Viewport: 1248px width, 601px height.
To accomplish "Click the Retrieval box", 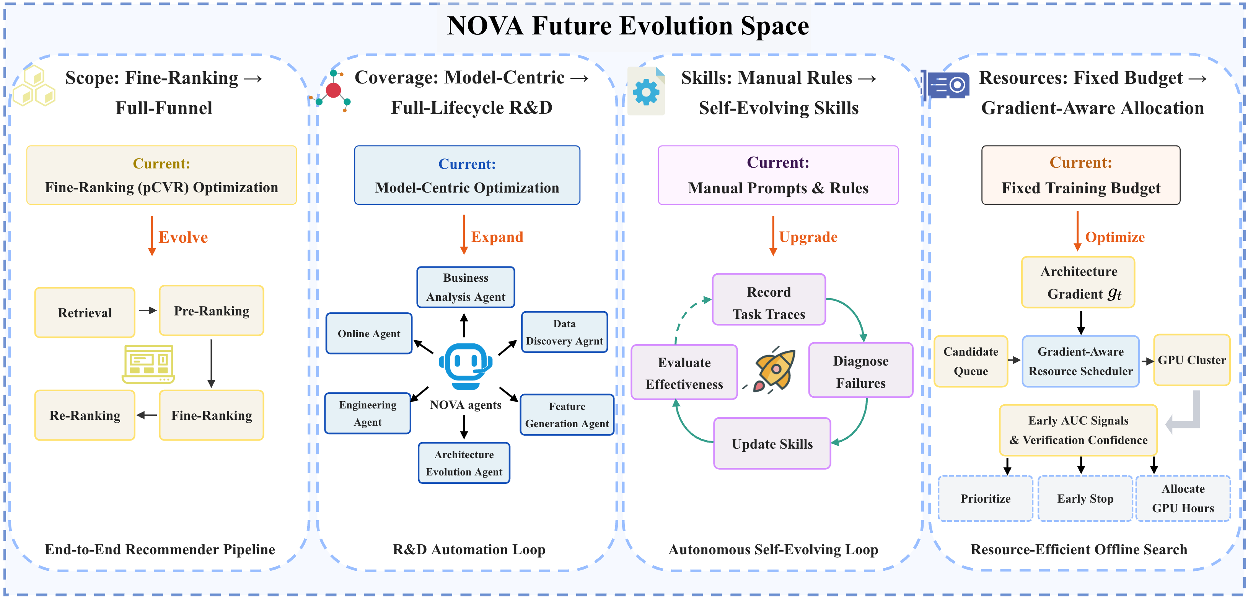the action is (x=85, y=313).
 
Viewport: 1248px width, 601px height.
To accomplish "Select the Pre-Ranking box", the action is (x=212, y=311).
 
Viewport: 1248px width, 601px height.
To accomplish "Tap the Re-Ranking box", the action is (x=85, y=415).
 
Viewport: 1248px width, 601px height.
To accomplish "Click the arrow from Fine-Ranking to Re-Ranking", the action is (x=147, y=415).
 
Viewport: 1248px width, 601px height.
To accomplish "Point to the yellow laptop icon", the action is (x=148, y=364).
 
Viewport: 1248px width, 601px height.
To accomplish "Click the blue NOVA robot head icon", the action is (x=466, y=366).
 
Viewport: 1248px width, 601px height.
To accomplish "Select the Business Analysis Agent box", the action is (x=466, y=287).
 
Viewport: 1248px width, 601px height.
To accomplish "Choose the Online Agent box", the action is (x=369, y=333).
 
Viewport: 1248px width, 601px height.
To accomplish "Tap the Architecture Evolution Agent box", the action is (x=464, y=463).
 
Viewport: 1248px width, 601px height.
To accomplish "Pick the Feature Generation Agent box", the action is (x=567, y=415).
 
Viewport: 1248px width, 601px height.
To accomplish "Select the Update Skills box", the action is (x=772, y=444).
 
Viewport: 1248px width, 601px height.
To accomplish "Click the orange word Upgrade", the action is (x=808, y=237).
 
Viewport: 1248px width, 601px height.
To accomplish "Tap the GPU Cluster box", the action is (x=1192, y=360).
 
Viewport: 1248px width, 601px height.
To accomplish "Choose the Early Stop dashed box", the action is (x=1085, y=499).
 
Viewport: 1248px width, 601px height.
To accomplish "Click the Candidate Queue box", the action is (x=971, y=361).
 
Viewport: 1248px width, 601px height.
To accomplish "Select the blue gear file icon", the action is (x=646, y=91).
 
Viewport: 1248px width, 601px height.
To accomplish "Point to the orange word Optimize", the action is (x=1115, y=237).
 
